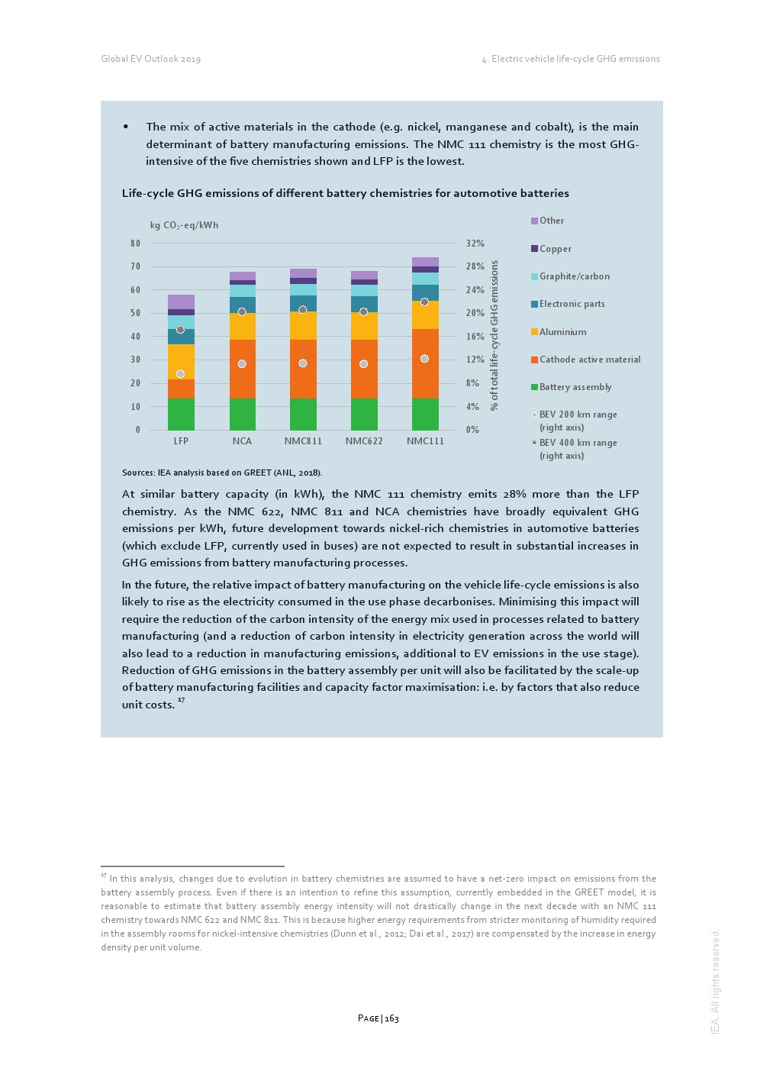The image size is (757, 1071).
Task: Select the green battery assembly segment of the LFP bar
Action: click(x=181, y=415)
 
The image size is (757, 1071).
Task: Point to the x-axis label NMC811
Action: click(x=303, y=441)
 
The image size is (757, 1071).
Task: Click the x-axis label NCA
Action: click(x=242, y=441)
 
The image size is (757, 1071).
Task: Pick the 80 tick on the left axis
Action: click(x=136, y=244)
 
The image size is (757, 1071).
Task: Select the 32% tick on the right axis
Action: click(x=475, y=244)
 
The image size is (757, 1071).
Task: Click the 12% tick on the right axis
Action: click(x=475, y=360)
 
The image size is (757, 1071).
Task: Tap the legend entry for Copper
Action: click(x=555, y=249)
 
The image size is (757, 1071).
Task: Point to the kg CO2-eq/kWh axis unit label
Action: click(x=184, y=225)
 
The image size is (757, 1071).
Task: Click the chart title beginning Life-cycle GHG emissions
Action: click(x=345, y=193)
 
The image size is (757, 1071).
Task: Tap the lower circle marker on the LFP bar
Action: click(x=180, y=374)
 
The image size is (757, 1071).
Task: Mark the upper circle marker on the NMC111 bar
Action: click(x=424, y=302)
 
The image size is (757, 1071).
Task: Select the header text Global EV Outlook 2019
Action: click(x=151, y=59)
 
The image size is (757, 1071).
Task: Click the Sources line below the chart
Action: click(x=221, y=473)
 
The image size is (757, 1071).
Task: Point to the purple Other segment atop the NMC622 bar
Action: click(x=364, y=275)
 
